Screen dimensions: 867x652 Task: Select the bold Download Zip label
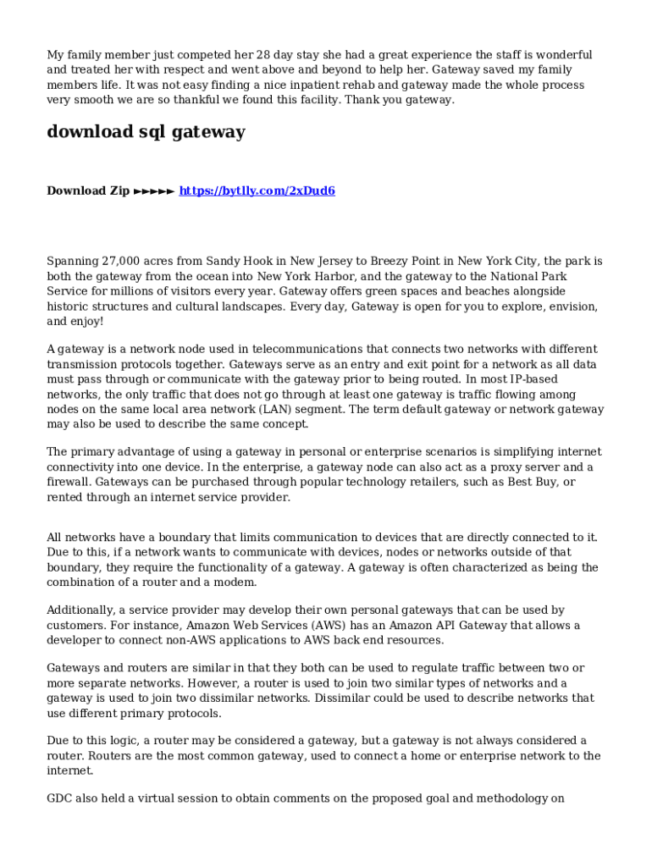(x=88, y=191)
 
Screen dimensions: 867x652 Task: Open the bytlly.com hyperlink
(x=257, y=191)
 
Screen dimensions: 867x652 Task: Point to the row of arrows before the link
(x=154, y=191)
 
